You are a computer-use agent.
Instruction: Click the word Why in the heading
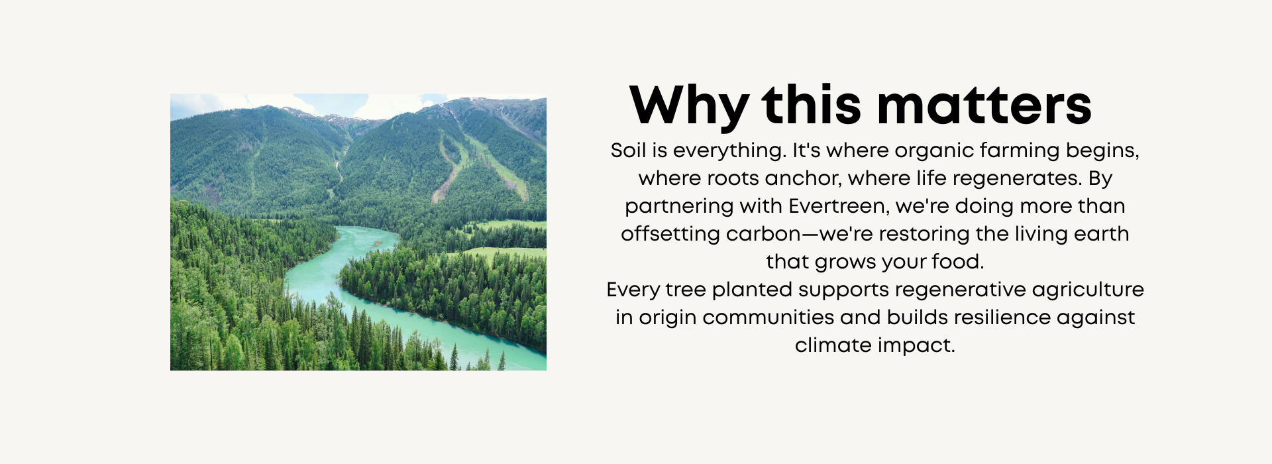pyautogui.click(x=690, y=106)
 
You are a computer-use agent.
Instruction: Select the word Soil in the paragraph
pyautogui.click(x=628, y=150)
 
